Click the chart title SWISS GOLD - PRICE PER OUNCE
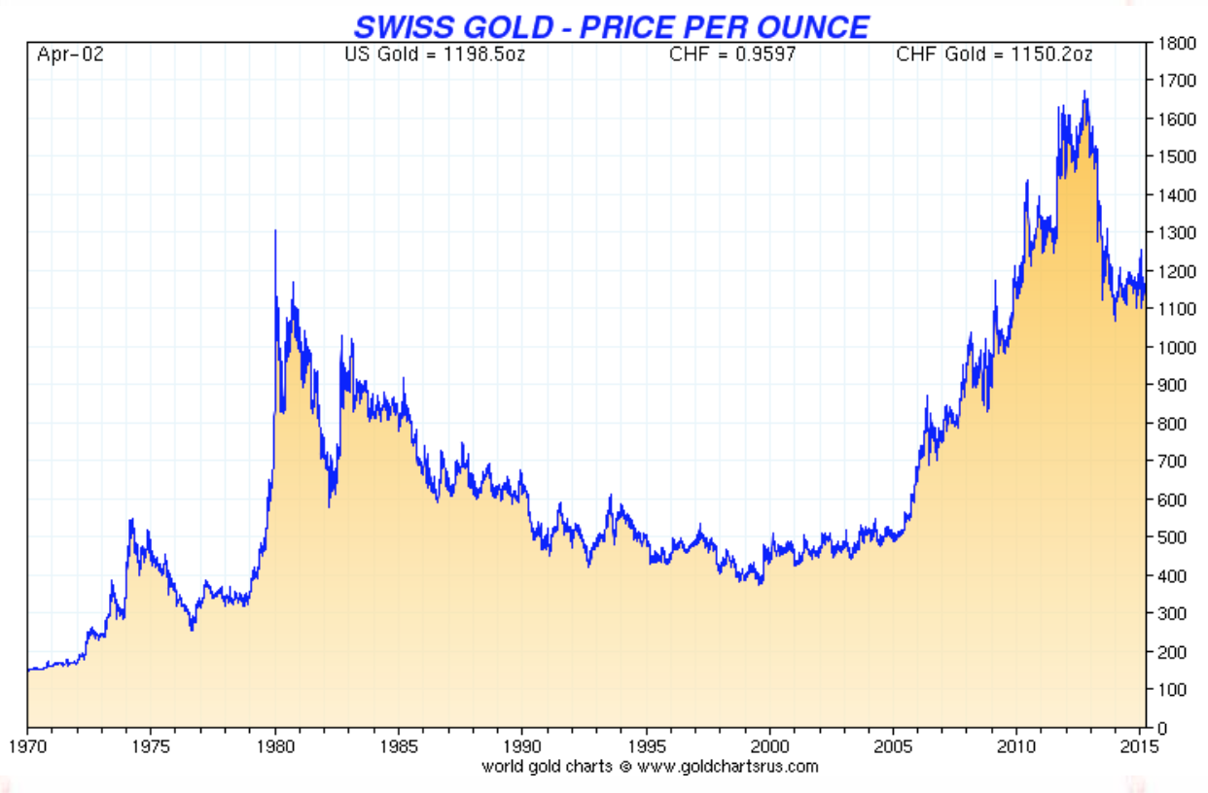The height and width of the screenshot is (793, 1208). (x=611, y=25)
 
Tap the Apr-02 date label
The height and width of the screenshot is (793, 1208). (x=70, y=54)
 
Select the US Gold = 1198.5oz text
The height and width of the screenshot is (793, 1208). (x=434, y=54)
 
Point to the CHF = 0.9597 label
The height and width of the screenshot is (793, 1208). (x=732, y=54)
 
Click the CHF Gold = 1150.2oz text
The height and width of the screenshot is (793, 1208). (x=994, y=54)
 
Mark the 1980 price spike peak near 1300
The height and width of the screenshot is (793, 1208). (x=275, y=231)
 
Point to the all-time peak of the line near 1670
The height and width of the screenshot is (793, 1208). (x=1084, y=92)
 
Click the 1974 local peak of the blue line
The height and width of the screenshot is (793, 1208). (x=131, y=520)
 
